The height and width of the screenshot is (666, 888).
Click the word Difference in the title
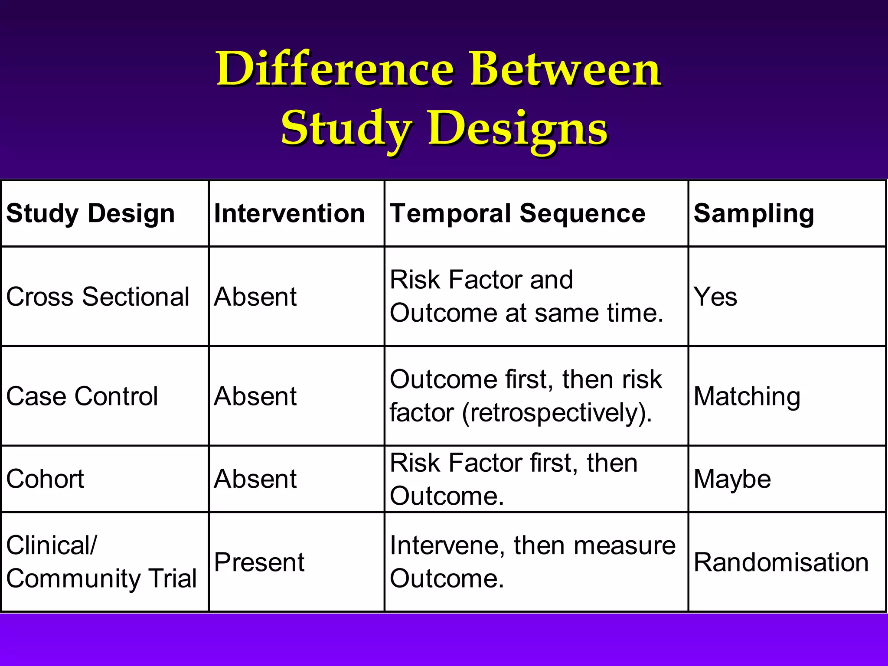click(335, 69)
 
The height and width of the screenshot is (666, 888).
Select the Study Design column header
click(90, 213)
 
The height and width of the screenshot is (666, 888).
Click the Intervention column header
click(289, 213)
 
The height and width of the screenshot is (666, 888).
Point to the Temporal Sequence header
click(517, 213)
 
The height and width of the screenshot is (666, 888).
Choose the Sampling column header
click(754, 213)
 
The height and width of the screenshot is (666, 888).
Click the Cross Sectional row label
click(98, 297)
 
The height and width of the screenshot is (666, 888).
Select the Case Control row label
click(82, 396)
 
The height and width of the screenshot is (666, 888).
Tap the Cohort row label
click(45, 479)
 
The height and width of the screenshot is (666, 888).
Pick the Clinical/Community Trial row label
click(101, 562)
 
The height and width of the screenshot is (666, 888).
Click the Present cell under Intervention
click(259, 562)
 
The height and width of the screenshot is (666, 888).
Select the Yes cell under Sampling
click(715, 297)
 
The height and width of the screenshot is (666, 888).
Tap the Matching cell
click(747, 396)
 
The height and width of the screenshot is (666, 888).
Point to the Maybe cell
click(732, 479)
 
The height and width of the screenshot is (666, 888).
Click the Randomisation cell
click(781, 562)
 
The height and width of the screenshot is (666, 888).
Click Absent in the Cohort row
click(255, 479)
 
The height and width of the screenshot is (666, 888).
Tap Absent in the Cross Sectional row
click(255, 297)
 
